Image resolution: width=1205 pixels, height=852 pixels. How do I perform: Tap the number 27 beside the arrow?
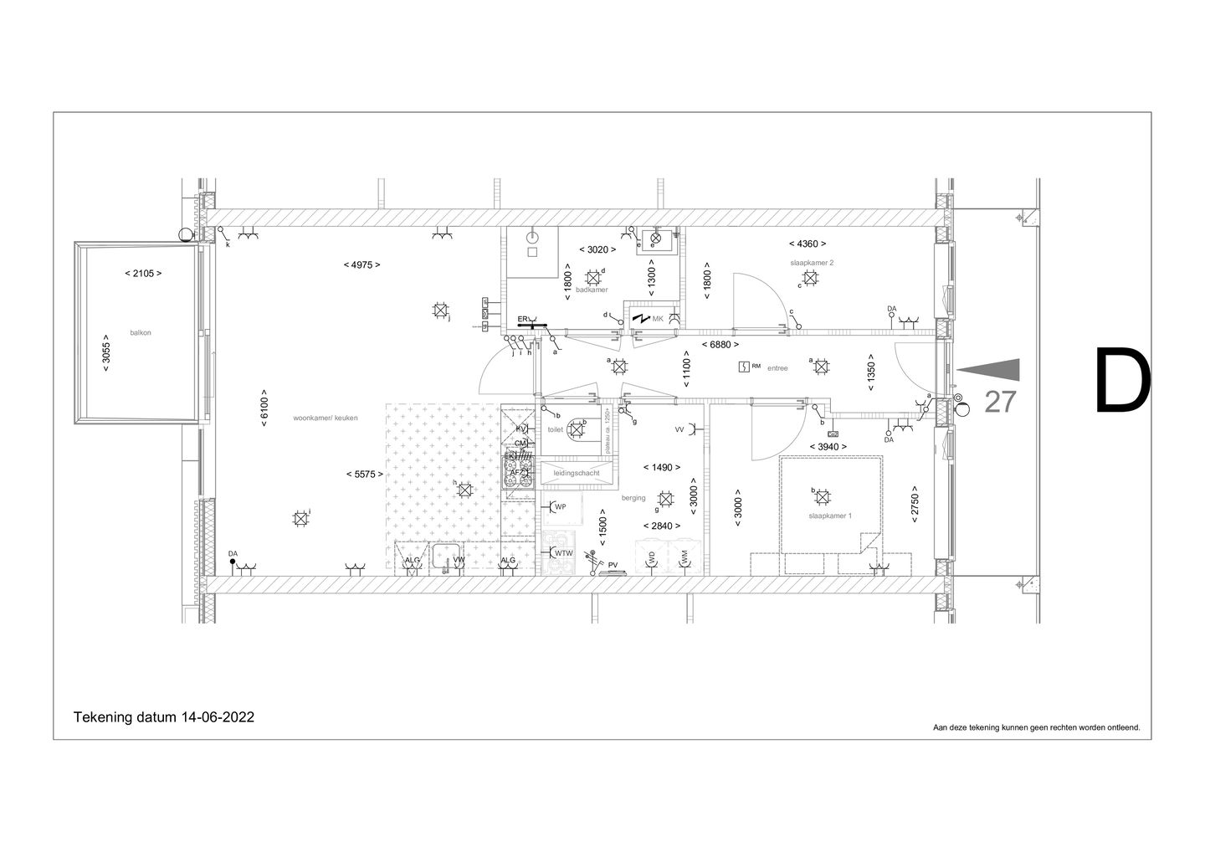click(x=1000, y=402)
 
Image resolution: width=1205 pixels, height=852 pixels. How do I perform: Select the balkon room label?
click(x=141, y=332)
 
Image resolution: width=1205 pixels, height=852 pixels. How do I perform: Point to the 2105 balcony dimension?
click(x=142, y=274)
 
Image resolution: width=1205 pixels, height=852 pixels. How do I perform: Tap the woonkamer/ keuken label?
click(x=326, y=418)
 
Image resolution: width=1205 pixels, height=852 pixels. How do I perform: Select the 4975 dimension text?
click(x=361, y=264)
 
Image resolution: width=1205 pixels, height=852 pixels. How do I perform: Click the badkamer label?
click(x=592, y=290)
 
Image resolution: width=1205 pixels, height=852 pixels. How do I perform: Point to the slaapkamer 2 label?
click(x=812, y=263)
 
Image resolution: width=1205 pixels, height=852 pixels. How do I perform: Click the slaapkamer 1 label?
click(x=830, y=516)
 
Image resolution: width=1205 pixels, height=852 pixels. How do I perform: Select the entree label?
click(x=777, y=367)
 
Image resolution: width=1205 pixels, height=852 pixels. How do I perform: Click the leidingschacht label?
click(x=577, y=474)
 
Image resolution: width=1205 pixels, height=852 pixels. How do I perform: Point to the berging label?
click(x=633, y=498)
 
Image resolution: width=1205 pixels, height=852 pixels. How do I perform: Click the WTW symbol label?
click(x=564, y=553)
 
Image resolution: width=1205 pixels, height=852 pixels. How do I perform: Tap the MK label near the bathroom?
click(x=658, y=319)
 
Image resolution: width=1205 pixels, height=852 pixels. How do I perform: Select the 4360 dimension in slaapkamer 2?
click(x=808, y=244)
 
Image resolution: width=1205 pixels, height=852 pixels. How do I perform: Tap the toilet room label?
click(x=556, y=429)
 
